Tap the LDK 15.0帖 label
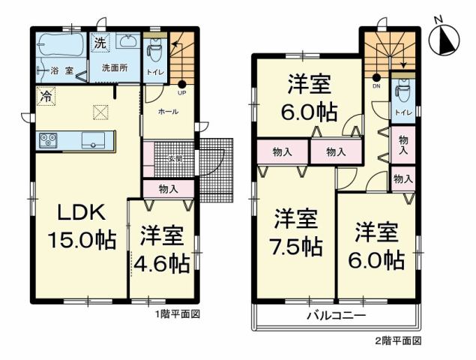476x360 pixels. coord(82,226)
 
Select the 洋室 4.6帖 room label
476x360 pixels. coord(161,250)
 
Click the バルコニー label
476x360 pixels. coord(335,316)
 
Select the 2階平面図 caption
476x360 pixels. coord(397,340)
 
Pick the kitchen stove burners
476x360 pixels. coord(48,140)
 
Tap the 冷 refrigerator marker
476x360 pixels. coord(45,97)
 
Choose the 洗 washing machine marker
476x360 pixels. coord(100,44)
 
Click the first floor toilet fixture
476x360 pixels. coord(154,50)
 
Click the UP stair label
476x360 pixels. coord(181,94)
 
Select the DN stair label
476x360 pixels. coord(376,86)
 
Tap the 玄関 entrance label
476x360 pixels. coord(175,158)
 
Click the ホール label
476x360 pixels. coord(167,110)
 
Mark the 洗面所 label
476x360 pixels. coord(115,67)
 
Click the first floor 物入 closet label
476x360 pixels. coord(168,189)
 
